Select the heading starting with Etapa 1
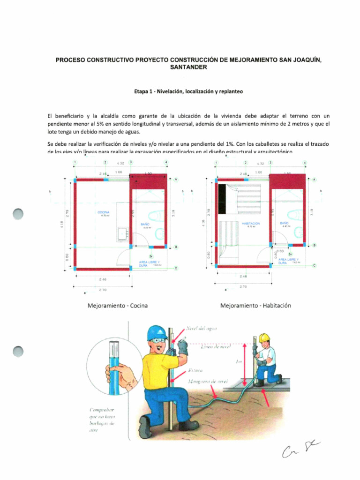pyautogui.click(x=188, y=92)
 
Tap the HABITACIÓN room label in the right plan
pyautogui.click(x=250, y=224)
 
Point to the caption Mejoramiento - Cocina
pyautogui.click(x=117, y=306)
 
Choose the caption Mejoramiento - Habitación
pyautogui.click(x=255, y=306)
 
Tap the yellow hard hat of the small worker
pyautogui.click(x=264, y=337)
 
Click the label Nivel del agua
pyautogui.click(x=202, y=329)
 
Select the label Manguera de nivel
pyautogui.click(x=204, y=382)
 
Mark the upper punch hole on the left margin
pyautogui.click(x=18, y=213)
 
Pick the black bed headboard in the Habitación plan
pyautogui.click(x=222, y=192)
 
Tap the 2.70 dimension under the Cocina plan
pyautogui.click(x=103, y=290)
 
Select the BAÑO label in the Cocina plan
pyautogui.click(x=145, y=225)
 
